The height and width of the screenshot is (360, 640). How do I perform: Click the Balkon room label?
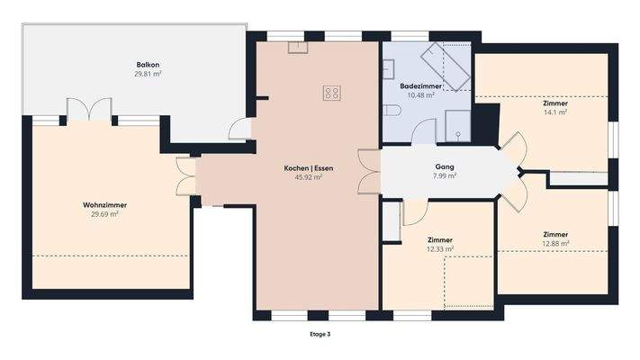click(x=148, y=65)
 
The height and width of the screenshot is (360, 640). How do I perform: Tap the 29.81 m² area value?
click(x=148, y=74)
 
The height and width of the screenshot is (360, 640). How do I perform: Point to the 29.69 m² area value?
click(x=104, y=214)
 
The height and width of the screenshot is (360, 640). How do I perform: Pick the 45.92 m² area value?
click(x=308, y=177)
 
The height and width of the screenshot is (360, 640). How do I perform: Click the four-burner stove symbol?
click(x=332, y=91)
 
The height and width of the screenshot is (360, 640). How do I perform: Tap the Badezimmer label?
click(x=421, y=85)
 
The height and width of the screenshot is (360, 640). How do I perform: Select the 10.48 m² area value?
click(x=421, y=94)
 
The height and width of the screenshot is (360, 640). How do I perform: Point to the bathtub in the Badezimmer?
click(x=446, y=65)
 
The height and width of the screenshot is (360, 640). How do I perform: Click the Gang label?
click(x=444, y=166)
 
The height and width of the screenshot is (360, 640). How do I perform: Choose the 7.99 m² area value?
click(x=444, y=175)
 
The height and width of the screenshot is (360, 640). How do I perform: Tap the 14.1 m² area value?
click(x=554, y=112)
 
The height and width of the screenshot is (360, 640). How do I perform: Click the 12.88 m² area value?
click(x=555, y=243)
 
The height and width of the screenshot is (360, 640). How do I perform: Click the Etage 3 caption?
click(x=320, y=334)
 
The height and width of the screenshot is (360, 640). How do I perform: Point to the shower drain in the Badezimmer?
click(x=458, y=134)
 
